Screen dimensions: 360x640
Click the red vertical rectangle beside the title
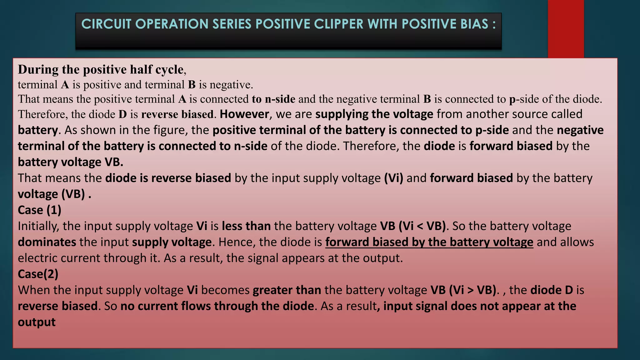pyautogui.click(x=566, y=29)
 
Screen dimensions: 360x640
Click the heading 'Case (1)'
pyautogui.click(x=40, y=210)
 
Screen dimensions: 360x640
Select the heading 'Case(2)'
pyautogui.click(x=38, y=274)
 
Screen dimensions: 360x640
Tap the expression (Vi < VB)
pyautogui.click(x=422, y=226)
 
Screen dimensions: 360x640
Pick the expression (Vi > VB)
pyautogui.click(x=472, y=290)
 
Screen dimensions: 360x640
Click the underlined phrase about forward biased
pyautogui.click(x=429, y=242)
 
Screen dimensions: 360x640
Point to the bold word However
pyautogui.click(x=244, y=114)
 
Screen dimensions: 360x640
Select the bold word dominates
pyautogui.click(x=47, y=242)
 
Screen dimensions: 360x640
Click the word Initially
pyautogui.click(x=38, y=226)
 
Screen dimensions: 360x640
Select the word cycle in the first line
pyautogui.click(x=169, y=69)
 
